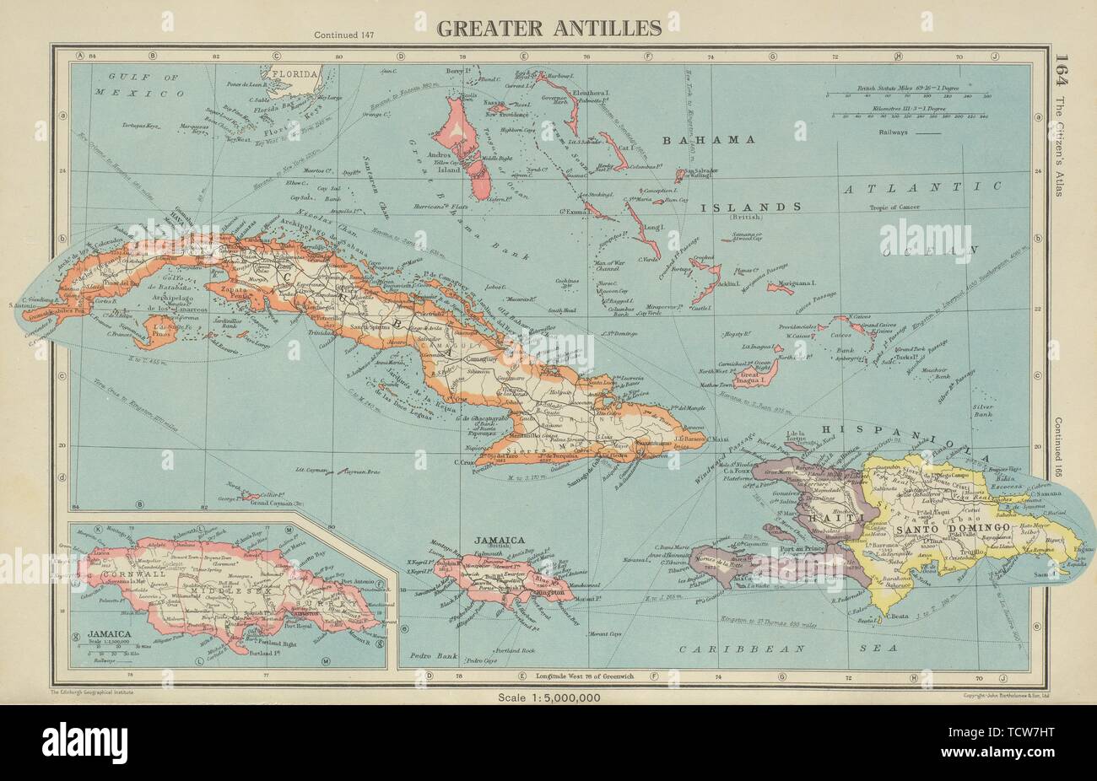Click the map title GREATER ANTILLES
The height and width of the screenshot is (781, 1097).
(x=548, y=28)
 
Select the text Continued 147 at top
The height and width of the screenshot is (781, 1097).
(x=342, y=35)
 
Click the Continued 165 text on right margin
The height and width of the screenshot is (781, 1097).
(x=1060, y=447)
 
